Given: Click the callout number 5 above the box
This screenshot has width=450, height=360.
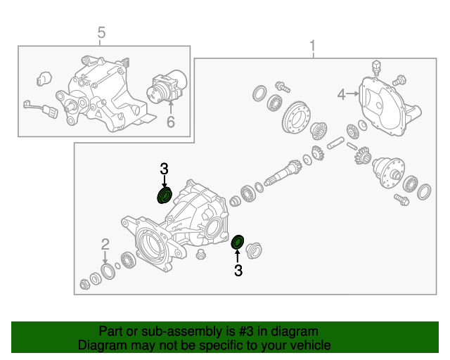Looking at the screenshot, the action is pyautogui.click(x=101, y=32).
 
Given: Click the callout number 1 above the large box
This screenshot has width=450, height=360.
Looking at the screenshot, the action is pyautogui.click(x=312, y=46).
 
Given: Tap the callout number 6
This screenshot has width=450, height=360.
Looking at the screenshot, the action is pyautogui.click(x=171, y=122).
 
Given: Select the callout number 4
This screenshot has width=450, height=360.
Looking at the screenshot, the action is pyautogui.click(x=341, y=94).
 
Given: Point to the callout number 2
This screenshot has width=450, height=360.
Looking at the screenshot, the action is pyautogui.click(x=105, y=244).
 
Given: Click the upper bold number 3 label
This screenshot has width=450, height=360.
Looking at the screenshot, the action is pyautogui.click(x=164, y=169).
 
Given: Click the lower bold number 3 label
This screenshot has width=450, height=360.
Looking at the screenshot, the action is pyautogui.click(x=238, y=270).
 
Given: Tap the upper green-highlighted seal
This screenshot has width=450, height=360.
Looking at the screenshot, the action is pyautogui.click(x=165, y=195).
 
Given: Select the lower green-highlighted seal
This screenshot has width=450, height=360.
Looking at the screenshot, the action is pyautogui.click(x=238, y=243).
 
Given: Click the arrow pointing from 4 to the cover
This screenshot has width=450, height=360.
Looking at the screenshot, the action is pyautogui.click(x=353, y=94).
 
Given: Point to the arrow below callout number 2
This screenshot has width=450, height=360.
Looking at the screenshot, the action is pyautogui.click(x=105, y=257).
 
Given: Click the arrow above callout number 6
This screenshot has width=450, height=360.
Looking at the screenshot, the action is pyautogui.click(x=171, y=108).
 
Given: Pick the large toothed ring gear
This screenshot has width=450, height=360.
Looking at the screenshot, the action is pyautogui.click(x=297, y=117).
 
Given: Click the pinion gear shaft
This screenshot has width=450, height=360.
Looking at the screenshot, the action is pyautogui.click(x=283, y=173).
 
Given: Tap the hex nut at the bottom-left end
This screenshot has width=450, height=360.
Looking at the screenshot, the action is pyautogui.click(x=84, y=284).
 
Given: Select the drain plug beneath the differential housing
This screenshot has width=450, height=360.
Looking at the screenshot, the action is pyautogui.click(x=200, y=255).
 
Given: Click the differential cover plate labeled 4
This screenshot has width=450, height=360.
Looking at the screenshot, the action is pyautogui.click(x=389, y=105).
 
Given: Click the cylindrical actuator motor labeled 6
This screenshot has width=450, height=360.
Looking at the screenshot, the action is pyautogui.click(x=167, y=88).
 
